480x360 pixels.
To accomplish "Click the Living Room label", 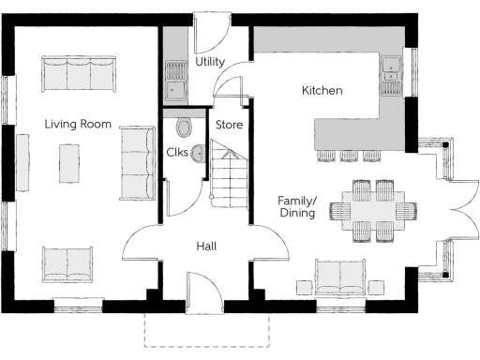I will (79, 124).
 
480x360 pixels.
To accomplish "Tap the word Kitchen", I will (322, 91).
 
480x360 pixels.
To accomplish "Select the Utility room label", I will (210, 62).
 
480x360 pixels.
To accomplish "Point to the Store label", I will (230, 124).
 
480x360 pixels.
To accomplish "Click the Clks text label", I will (178, 151).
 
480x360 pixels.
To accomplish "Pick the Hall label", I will (207, 247).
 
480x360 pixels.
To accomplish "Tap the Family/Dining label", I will (296, 206).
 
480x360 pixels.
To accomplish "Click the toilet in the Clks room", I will (183, 127).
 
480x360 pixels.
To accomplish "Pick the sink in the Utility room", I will (175, 81).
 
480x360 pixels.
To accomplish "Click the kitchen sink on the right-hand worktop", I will (392, 75).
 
